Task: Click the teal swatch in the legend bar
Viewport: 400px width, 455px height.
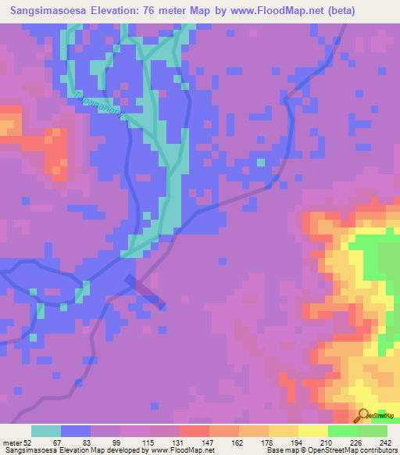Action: click(46, 431)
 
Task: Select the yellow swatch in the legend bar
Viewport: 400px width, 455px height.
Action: click(312, 431)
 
